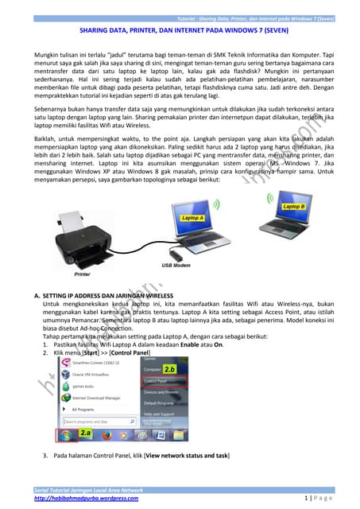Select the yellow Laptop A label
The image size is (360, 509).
(x=193, y=217)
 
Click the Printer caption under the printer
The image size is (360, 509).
(x=83, y=274)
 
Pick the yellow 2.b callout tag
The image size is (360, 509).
(x=168, y=370)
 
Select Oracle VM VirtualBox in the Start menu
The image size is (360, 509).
(x=91, y=373)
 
